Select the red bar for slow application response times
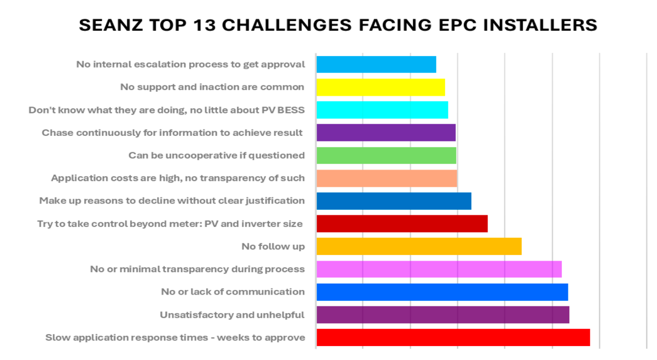click(453, 337)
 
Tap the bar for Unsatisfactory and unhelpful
click(442, 315)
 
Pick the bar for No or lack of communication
click(442, 292)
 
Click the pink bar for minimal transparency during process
click(438, 269)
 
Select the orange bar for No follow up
click(419, 246)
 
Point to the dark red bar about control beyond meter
click(402, 224)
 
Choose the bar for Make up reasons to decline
click(394, 201)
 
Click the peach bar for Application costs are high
click(387, 178)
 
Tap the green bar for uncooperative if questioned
click(386, 156)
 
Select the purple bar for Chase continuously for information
click(386, 132)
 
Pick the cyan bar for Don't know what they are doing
click(382, 110)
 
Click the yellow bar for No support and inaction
click(380, 87)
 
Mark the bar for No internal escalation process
click(376, 64)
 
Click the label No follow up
click(273, 247)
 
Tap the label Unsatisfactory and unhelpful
click(232, 315)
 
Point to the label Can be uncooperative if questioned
click(216, 156)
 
